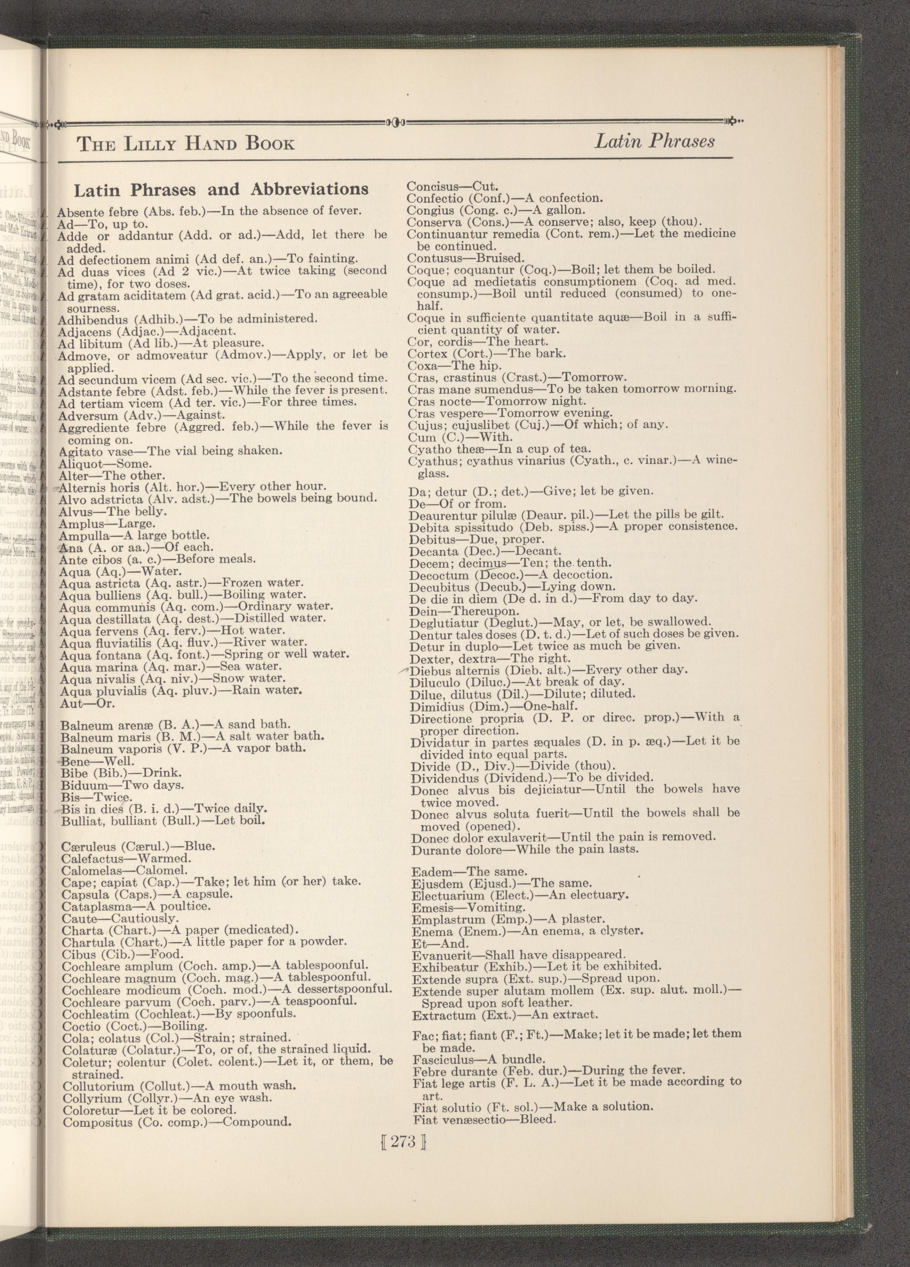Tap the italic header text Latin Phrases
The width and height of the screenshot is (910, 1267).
tap(654, 141)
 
